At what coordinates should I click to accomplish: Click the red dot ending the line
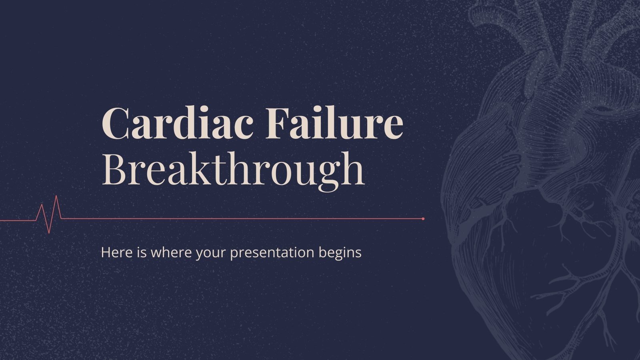point(423,219)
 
